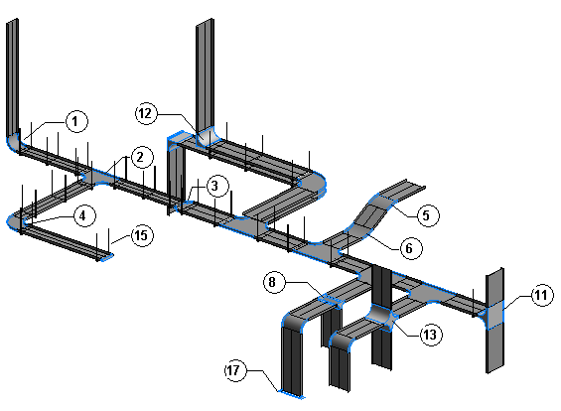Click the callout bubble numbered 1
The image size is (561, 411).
[x=76, y=121]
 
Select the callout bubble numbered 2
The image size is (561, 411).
[x=142, y=157]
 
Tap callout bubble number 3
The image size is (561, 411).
[x=217, y=186]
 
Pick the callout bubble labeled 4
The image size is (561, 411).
[x=84, y=215]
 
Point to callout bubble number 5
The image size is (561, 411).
[x=428, y=215]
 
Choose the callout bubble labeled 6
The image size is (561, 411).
[x=411, y=248]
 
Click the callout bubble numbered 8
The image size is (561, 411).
[x=274, y=282]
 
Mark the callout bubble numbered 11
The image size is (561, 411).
[x=542, y=295]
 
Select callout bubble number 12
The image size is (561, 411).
[x=146, y=113]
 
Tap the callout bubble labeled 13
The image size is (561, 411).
[x=431, y=335]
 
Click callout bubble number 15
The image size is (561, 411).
[x=142, y=235]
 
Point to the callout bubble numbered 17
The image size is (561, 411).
[x=235, y=370]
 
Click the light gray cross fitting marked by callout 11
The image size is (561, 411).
[x=494, y=315]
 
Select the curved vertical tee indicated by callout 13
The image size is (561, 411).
[x=381, y=317]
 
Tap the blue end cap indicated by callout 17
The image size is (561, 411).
[x=292, y=394]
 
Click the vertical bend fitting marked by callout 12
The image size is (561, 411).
[x=206, y=137]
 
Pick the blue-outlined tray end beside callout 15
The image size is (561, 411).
[x=106, y=256]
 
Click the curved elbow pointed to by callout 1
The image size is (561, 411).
[x=14, y=142]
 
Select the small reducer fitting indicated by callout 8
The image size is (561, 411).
[x=332, y=301]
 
